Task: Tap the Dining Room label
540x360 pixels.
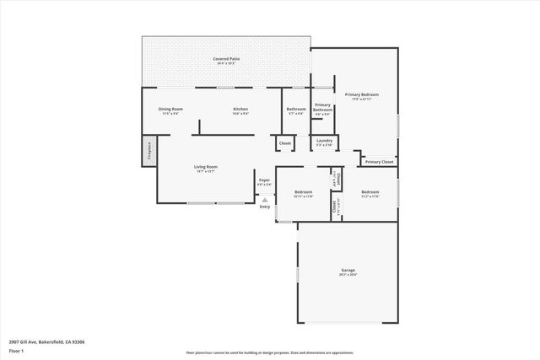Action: [171, 110]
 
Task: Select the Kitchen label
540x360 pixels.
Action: [240, 110]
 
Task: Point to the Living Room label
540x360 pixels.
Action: [207, 168]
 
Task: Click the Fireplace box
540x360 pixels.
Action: [149, 151]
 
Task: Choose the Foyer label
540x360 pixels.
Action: [264, 180]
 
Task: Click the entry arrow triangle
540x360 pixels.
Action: [264, 200]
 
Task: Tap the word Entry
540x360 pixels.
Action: [265, 207]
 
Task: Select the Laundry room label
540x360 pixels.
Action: [325, 142]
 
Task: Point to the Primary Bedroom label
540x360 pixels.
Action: [361, 95]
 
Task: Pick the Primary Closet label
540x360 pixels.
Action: [379, 161]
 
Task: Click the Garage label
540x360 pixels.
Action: [348, 271]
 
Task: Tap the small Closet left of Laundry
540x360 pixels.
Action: [285, 143]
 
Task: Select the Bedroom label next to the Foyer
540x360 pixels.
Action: [304, 193]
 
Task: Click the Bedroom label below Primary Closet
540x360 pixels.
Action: [370, 193]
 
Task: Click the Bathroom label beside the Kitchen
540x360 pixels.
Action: [296, 110]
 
